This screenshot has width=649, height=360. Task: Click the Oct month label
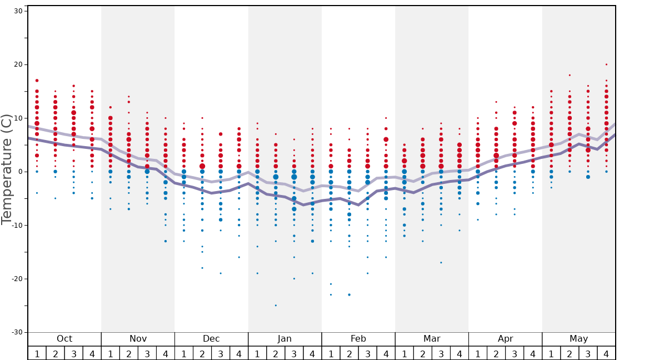pyautogui.click(x=64, y=339)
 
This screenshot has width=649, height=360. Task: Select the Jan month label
pyautogui.click(x=284, y=339)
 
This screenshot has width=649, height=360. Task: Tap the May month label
pyautogui.click(x=578, y=339)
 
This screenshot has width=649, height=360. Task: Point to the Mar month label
pyautogui.click(x=432, y=339)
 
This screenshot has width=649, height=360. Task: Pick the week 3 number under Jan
pyautogui.click(x=294, y=353)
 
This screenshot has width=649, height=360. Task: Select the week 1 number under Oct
pyautogui.click(x=37, y=353)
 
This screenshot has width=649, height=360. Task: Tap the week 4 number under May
pyautogui.click(x=606, y=353)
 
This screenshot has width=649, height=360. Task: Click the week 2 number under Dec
pyautogui.click(x=202, y=353)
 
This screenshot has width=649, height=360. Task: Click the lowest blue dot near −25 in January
pyautogui.click(x=276, y=305)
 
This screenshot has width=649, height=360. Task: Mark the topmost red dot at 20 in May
pyautogui.click(x=606, y=64)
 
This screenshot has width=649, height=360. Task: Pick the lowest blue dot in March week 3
pyautogui.click(x=441, y=262)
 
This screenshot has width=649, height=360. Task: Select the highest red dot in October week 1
pyautogui.click(x=37, y=81)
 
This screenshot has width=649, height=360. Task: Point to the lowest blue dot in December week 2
pyautogui.click(x=202, y=268)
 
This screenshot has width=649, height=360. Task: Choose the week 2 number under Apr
pyautogui.click(x=496, y=353)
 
